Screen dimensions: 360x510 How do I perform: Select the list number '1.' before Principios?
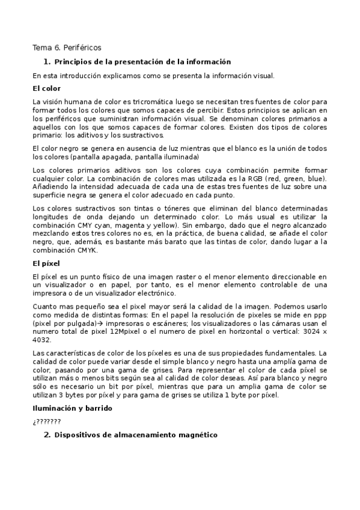(x=47, y=61)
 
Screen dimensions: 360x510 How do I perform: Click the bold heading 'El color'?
(x=46, y=88)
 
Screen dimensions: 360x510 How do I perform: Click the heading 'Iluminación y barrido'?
(x=72, y=408)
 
